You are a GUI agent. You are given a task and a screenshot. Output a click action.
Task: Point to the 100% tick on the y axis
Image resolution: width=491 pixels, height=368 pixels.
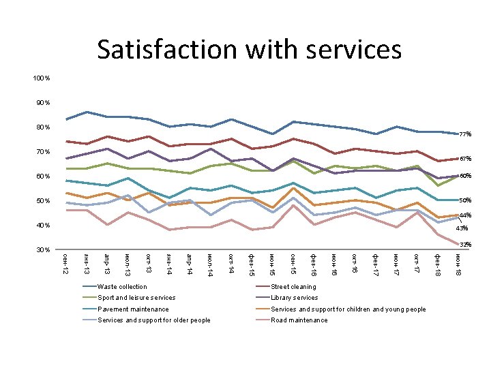click(41, 78)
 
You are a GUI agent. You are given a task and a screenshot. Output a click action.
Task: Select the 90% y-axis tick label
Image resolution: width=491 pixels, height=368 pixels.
click(42, 103)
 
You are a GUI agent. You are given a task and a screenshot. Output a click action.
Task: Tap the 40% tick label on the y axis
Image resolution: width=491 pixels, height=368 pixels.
click(42, 226)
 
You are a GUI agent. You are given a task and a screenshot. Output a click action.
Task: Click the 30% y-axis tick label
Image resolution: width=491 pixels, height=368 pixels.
click(42, 250)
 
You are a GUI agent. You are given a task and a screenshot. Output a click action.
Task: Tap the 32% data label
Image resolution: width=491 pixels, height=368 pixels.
click(465, 244)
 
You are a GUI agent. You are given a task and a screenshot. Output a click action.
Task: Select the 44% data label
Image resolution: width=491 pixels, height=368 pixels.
click(465, 215)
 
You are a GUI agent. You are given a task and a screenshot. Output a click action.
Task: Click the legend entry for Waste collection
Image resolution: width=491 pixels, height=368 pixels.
click(122, 287)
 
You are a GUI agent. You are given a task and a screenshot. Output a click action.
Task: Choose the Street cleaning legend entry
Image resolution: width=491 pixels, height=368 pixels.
click(293, 287)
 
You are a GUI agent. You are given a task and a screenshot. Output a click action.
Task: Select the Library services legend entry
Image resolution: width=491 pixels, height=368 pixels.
click(295, 298)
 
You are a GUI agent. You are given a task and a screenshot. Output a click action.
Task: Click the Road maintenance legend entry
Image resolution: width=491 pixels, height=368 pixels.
click(299, 320)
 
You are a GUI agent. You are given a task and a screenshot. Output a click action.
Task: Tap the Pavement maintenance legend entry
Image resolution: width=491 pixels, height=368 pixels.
click(133, 309)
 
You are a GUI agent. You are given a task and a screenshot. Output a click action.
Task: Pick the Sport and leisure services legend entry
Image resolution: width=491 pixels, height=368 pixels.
click(136, 298)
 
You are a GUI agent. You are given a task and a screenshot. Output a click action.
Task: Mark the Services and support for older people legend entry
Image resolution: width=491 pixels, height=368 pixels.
click(154, 320)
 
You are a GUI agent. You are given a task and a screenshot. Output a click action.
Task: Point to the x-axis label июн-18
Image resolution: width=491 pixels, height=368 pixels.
click(457, 263)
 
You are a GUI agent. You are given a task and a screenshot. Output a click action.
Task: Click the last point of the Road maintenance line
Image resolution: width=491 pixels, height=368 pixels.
click(458, 244)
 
